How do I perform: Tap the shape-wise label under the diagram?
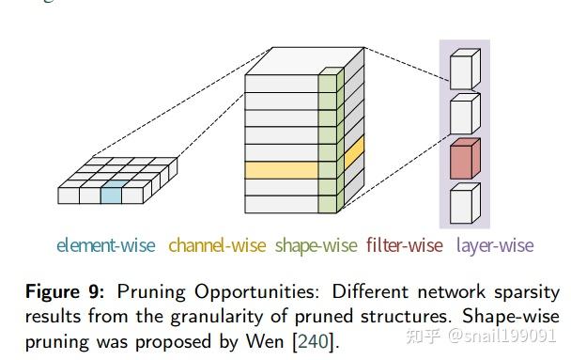pos(316,246)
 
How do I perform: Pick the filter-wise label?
pos(404,246)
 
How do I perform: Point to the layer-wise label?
pos(495,246)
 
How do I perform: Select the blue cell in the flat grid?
pos(110,196)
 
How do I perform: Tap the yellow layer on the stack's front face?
pos(281,171)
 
